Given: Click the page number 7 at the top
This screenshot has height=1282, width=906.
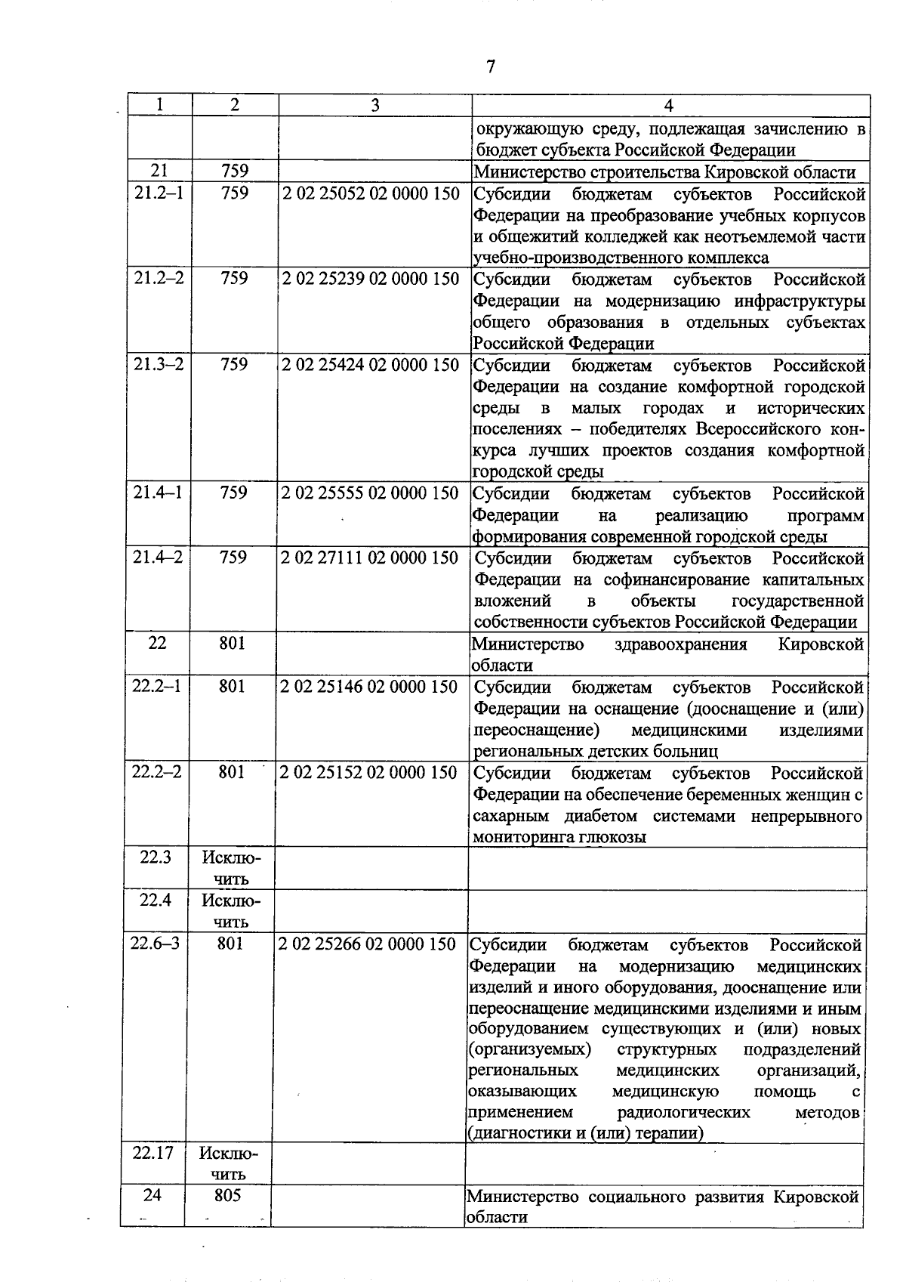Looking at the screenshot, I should point(491,66).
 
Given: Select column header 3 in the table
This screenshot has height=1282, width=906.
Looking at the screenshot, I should point(374,106).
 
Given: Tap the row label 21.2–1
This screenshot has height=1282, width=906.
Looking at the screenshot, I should point(159,193).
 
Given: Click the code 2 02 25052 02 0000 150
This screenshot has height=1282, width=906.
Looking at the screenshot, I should point(371,194).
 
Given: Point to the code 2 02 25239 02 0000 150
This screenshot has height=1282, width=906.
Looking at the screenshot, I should point(371,280).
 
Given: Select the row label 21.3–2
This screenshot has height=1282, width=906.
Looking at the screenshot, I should point(159,365).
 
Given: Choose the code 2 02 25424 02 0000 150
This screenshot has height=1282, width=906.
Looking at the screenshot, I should point(370,366).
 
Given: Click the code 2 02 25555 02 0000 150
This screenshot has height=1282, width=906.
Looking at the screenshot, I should point(370,493).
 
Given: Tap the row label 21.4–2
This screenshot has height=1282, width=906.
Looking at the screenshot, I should point(158,558).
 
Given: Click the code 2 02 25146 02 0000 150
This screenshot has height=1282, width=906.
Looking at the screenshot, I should point(369,687).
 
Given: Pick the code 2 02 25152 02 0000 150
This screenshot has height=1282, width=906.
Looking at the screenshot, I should point(368,773).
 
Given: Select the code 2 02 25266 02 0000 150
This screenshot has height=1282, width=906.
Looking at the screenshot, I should point(367,945).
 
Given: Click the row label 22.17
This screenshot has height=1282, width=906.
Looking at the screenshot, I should point(153,1153).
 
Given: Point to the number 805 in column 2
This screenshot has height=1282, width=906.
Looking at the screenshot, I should point(227,1196).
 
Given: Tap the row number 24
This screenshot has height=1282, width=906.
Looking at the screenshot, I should point(153,1195).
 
